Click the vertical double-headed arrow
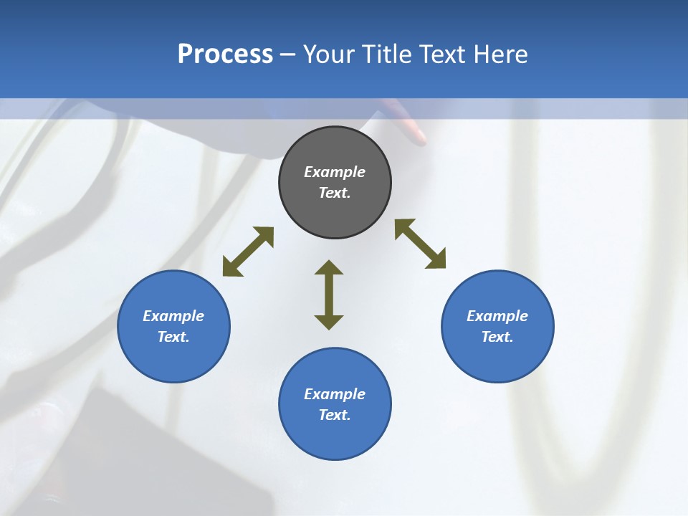(329, 295)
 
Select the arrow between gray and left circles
(248, 252)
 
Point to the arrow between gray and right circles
(421, 244)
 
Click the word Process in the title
(225, 54)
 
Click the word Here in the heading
(502, 54)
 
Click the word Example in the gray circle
(335, 172)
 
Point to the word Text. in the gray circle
(335, 193)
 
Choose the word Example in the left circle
(173, 316)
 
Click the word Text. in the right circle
(497, 337)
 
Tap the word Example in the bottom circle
(335, 394)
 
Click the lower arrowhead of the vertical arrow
(329, 322)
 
